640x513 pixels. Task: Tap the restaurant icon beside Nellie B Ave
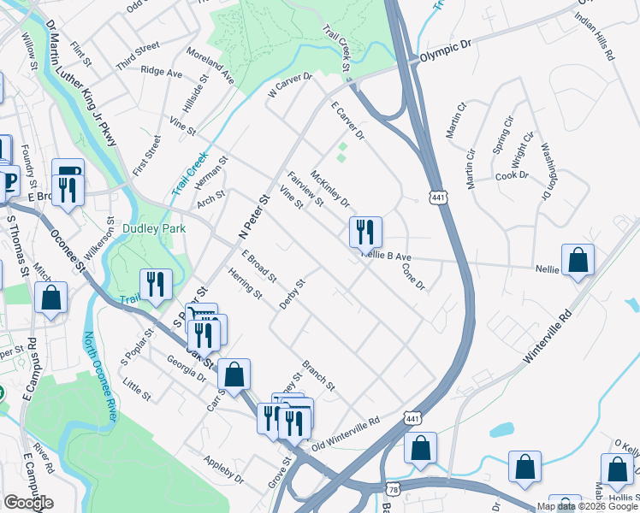(x=365, y=232)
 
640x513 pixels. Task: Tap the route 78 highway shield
(x=392, y=488)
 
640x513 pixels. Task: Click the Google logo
(x=28, y=503)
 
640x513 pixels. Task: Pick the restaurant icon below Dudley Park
(x=156, y=284)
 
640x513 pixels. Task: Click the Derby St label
(x=292, y=295)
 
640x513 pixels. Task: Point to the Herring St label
(x=245, y=283)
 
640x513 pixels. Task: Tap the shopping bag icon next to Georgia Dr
(x=234, y=374)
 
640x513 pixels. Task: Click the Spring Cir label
(x=502, y=144)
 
